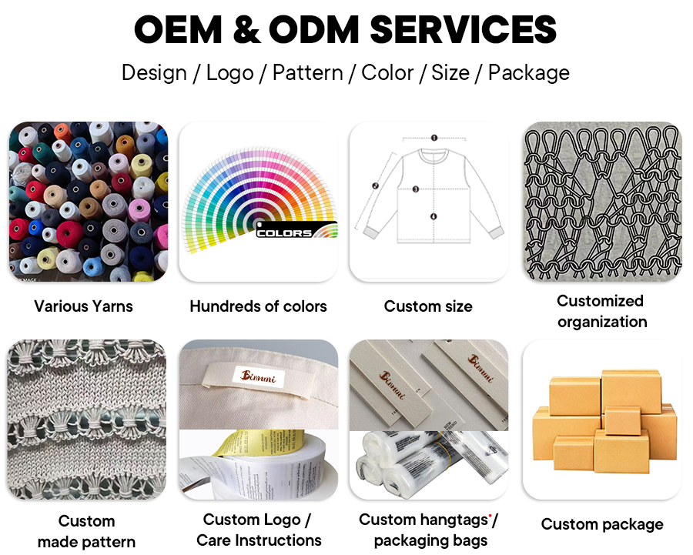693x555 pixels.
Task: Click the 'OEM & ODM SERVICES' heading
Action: click(x=346, y=30)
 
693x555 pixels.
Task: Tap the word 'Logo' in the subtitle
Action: click(x=229, y=73)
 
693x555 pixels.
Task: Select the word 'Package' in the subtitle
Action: click(x=529, y=73)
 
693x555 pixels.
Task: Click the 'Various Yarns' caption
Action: click(x=83, y=306)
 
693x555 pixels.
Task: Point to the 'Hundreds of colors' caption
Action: click(x=258, y=306)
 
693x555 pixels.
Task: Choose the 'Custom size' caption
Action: click(x=428, y=306)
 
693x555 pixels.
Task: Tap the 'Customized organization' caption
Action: click(x=601, y=311)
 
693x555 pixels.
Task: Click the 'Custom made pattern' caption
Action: click(x=86, y=531)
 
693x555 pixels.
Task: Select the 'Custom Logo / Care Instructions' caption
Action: click(x=258, y=530)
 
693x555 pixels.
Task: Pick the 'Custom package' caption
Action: click(x=601, y=524)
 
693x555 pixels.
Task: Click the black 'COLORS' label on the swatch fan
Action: click(x=284, y=232)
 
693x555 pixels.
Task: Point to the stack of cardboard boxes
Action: click(x=601, y=420)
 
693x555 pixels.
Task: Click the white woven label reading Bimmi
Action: click(x=242, y=377)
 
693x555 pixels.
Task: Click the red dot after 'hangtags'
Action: click(x=490, y=513)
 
